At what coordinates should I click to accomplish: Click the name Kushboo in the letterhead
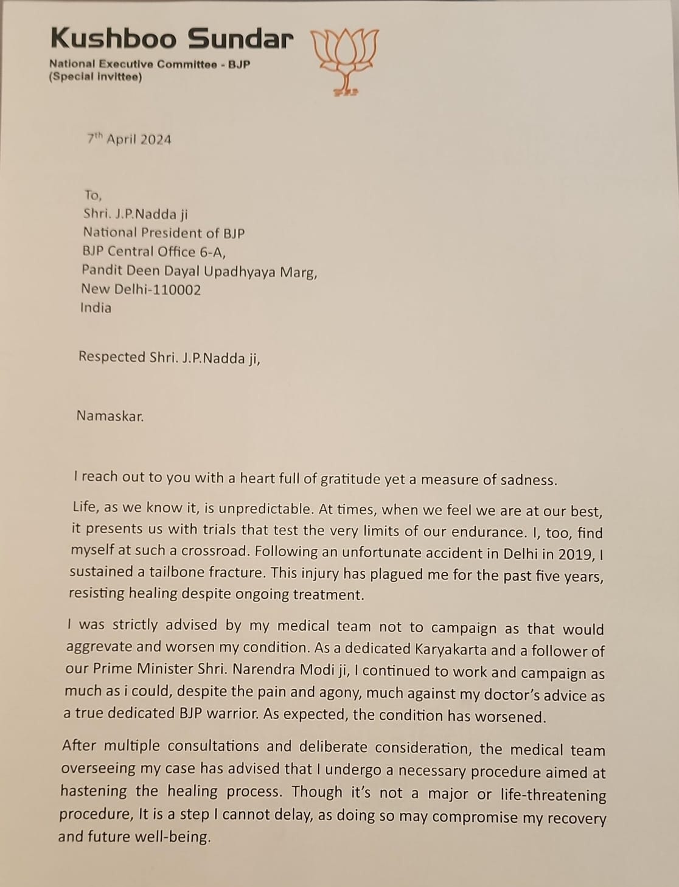tap(114, 38)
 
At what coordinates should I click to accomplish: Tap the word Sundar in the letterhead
tap(240, 39)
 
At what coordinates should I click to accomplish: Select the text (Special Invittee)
tap(96, 77)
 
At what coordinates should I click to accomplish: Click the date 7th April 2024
tap(129, 139)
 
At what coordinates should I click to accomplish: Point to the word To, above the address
tap(93, 195)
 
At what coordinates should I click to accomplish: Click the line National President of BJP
tap(164, 233)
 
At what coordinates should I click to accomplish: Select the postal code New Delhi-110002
tap(141, 289)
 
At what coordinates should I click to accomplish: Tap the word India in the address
tap(96, 308)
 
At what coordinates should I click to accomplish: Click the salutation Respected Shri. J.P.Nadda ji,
tap(169, 357)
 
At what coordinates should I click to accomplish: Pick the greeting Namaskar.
tap(110, 416)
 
